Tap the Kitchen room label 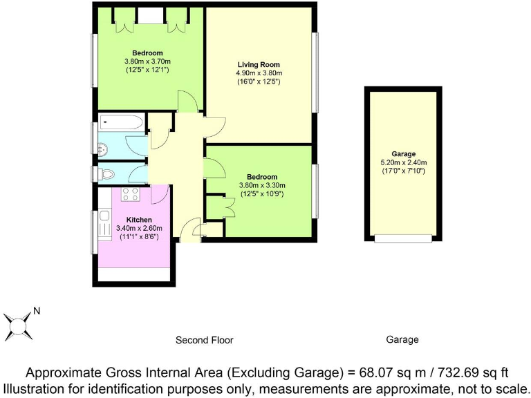click(x=135, y=219)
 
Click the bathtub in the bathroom click(x=122, y=123)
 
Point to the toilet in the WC click(x=104, y=174)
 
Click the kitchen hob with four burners click(x=131, y=194)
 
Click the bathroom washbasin click(x=103, y=146)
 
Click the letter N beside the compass click(x=37, y=312)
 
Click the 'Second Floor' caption click(x=204, y=340)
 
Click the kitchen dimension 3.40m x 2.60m click(x=135, y=228)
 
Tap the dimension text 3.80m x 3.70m click(x=147, y=61)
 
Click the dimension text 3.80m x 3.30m click(x=261, y=185)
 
